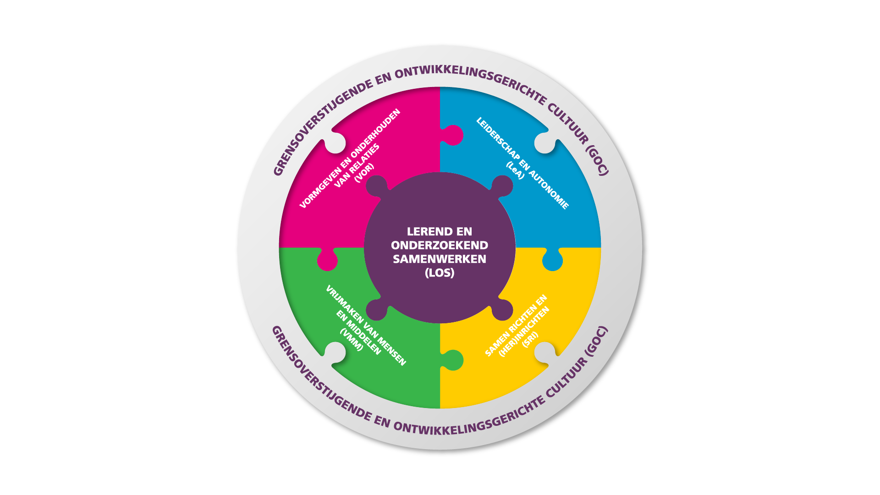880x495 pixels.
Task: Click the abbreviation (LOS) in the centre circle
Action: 440,273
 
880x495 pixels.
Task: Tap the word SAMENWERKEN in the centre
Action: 440,259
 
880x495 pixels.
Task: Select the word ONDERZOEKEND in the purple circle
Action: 440,245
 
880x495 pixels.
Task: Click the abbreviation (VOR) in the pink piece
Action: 364,173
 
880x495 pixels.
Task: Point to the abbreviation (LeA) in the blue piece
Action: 515,170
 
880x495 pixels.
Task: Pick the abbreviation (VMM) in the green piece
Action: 352,339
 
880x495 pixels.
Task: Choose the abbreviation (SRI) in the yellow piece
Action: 530,339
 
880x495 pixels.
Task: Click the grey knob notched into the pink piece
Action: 335,142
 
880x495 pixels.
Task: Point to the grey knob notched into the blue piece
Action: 545,142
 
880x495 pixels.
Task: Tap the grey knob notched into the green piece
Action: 335,353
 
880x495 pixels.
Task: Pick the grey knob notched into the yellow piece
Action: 545,353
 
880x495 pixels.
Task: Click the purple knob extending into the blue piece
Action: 502,186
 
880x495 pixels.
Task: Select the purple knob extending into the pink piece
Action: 377,186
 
